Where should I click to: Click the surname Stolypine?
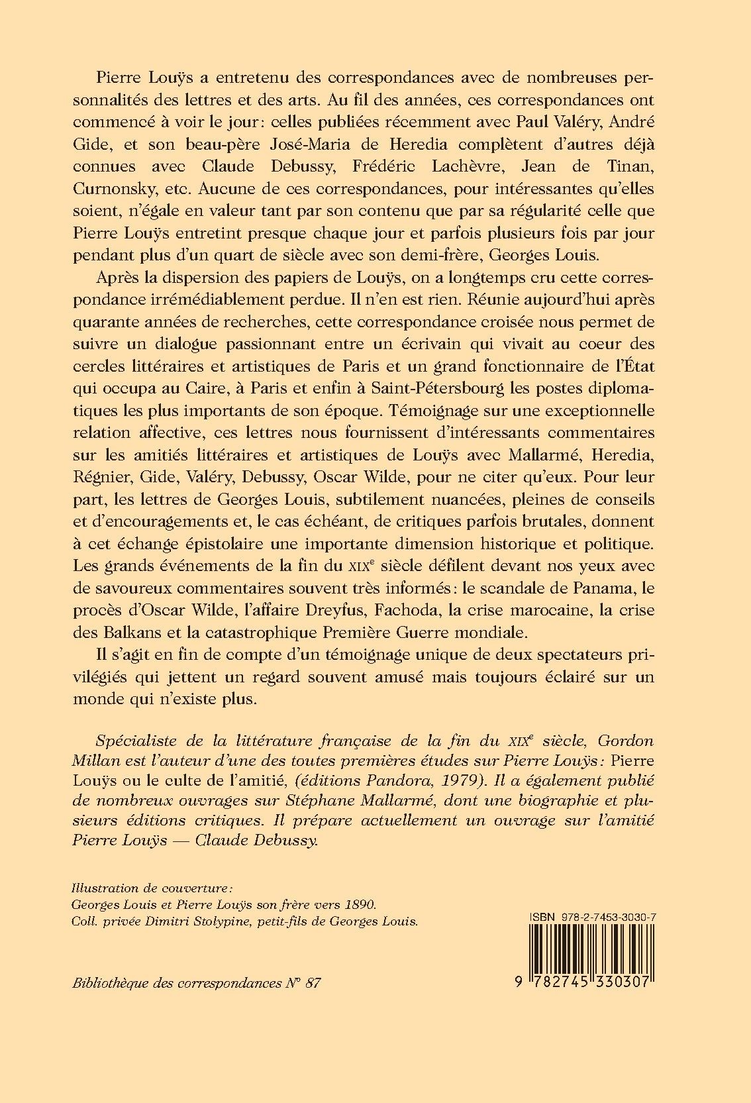pos(223,921)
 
